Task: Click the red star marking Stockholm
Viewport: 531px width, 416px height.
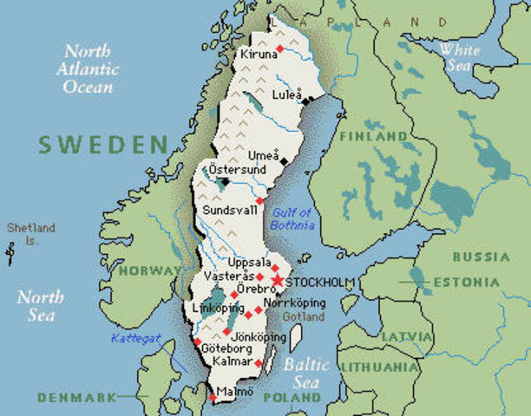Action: (x=277, y=281)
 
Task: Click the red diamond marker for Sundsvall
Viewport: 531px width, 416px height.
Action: (x=259, y=200)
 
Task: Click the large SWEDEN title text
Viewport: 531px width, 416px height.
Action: (x=102, y=143)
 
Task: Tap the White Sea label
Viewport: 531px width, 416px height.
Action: (x=459, y=57)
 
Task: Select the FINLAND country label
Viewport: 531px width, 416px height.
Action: (x=373, y=137)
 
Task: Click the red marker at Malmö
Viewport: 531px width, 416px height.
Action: (x=212, y=398)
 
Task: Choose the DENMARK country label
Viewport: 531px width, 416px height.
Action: (x=76, y=397)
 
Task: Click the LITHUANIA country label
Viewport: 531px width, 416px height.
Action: (x=380, y=367)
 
